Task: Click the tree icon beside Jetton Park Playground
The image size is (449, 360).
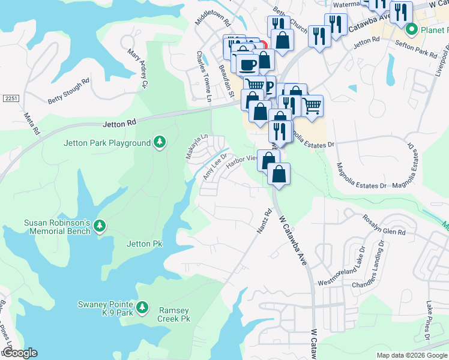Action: [x=159, y=142]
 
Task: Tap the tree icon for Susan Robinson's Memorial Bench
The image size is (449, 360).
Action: [x=100, y=226]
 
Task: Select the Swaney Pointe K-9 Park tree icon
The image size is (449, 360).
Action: [x=142, y=308]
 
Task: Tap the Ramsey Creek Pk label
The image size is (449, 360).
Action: [x=173, y=314]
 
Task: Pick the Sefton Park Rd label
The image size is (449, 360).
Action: [x=417, y=50]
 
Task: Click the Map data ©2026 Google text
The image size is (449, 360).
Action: [x=411, y=355]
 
